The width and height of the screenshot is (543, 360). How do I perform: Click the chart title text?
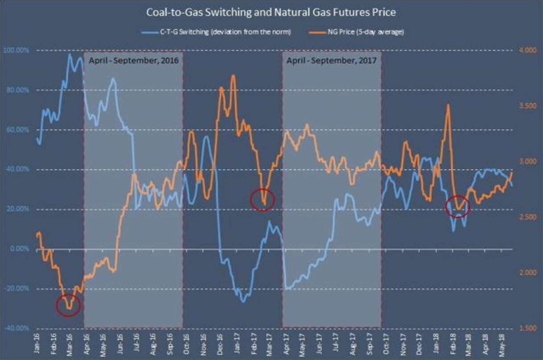pyautogui.click(x=271, y=12)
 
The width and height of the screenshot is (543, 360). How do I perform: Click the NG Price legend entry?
pyautogui.click(x=357, y=33)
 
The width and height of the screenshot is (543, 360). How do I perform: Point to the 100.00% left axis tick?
pyautogui.click(x=16, y=50)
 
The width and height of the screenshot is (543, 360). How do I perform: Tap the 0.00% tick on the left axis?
pyautogui.click(x=19, y=249)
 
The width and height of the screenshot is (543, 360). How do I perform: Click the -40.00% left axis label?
pyautogui.click(x=17, y=328)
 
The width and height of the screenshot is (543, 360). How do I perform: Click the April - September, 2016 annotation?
pyautogui.click(x=133, y=60)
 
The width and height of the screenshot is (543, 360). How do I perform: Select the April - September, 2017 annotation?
pyautogui.click(x=332, y=60)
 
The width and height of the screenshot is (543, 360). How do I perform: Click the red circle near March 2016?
pyautogui.click(x=69, y=305)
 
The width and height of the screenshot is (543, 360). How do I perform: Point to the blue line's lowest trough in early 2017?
pyautogui.click(x=243, y=302)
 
